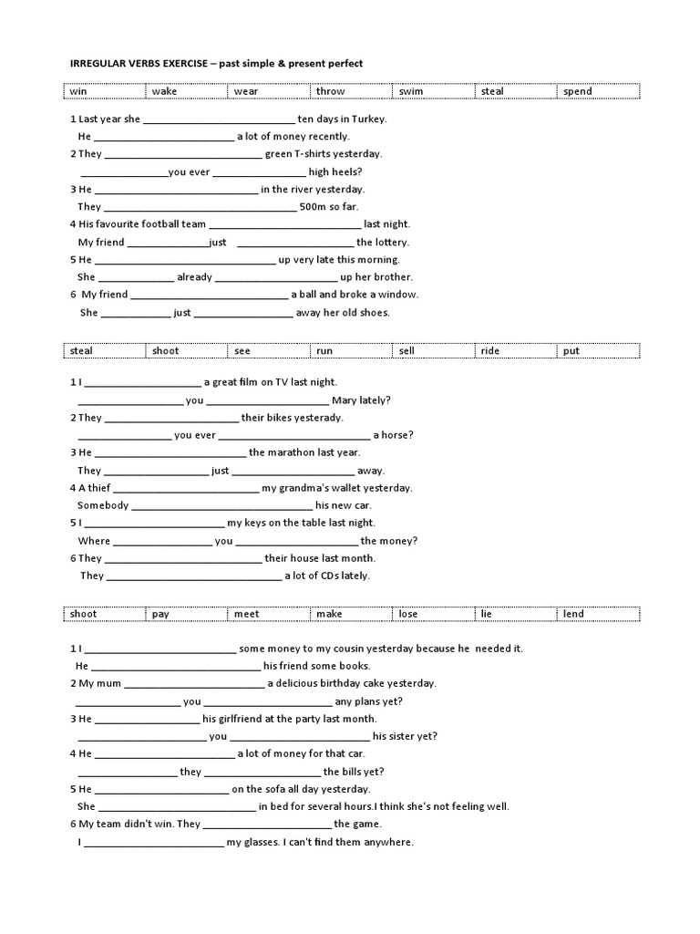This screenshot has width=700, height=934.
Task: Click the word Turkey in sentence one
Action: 366,119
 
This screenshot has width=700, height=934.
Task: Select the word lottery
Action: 391,243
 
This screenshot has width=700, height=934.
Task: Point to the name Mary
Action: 346,400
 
